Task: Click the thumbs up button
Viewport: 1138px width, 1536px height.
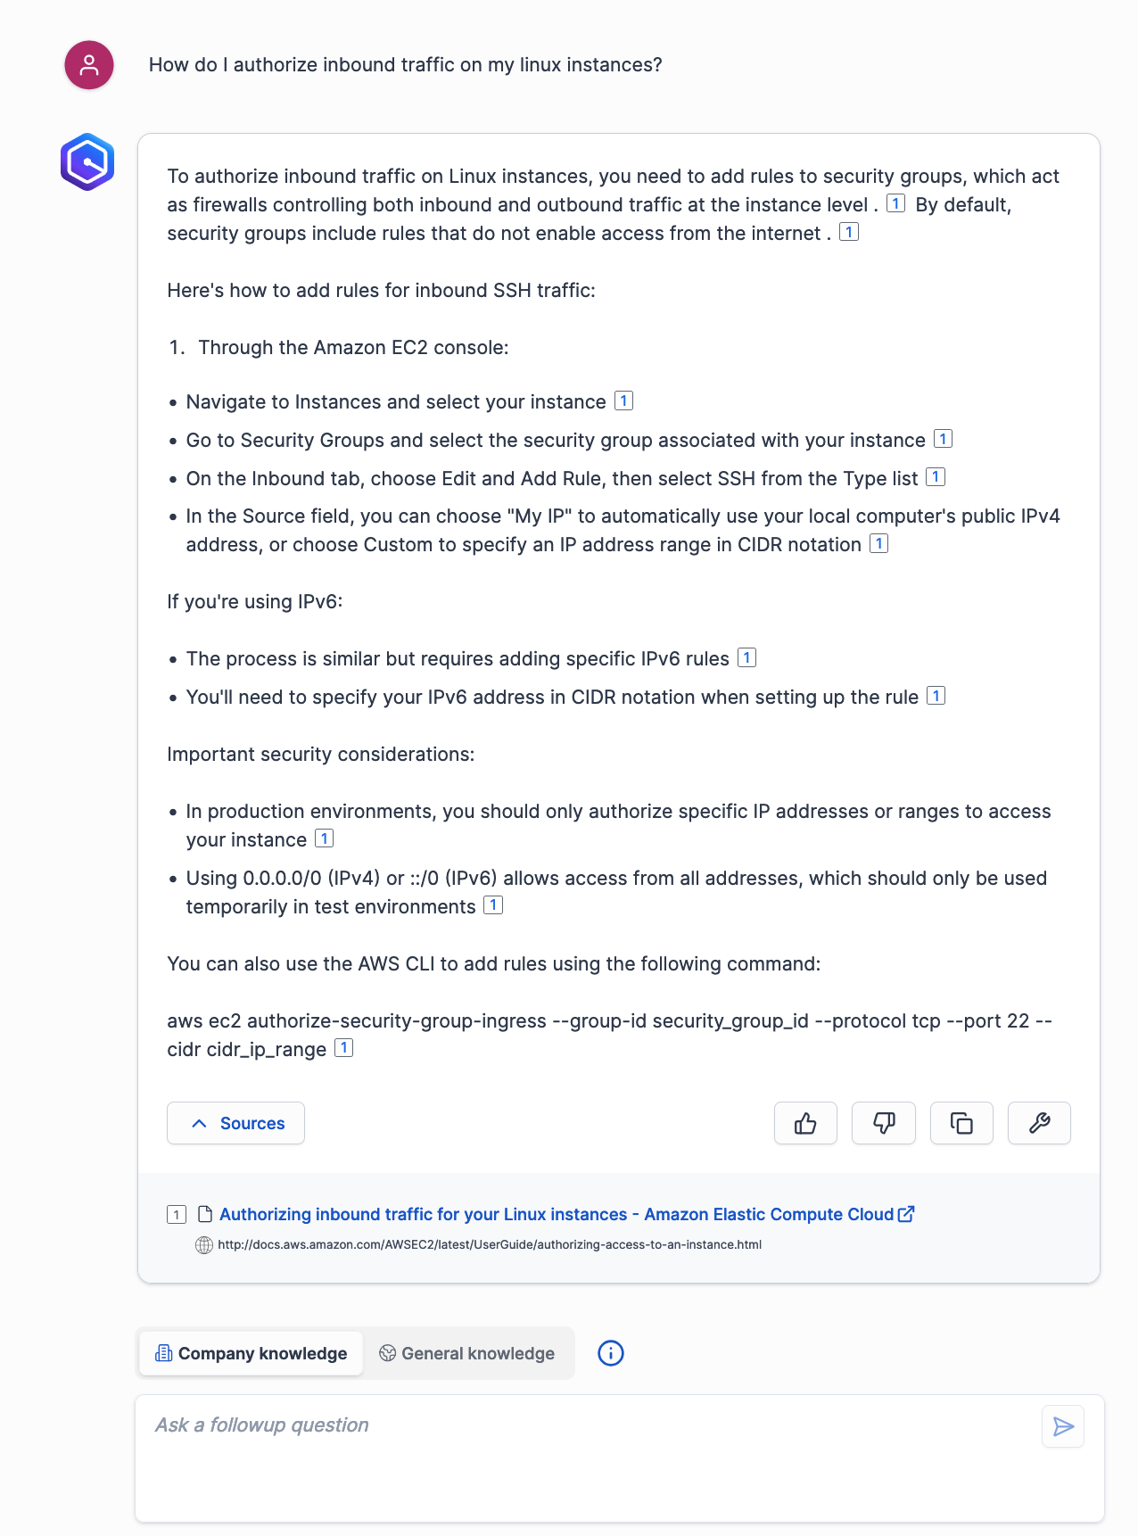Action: [805, 1123]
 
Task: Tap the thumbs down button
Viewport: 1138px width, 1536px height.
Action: [883, 1123]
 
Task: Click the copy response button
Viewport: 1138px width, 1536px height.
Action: [961, 1123]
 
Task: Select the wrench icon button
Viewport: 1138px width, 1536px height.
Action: [1039, 1123]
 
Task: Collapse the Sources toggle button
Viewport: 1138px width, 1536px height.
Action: [235, 1123]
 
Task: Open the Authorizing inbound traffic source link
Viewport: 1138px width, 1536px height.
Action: [557, 1214]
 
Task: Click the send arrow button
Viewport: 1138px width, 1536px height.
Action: [1063, 1426]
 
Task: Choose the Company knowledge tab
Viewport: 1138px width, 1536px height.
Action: [251, 1353]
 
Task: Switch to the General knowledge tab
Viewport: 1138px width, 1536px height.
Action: [466, 1353]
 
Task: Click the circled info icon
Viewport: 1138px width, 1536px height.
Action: [611, 1353]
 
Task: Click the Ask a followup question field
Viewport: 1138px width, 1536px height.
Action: [589, 1454]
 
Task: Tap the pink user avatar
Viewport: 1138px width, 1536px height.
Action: [89, 65]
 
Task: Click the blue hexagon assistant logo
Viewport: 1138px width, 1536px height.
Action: [87, 162]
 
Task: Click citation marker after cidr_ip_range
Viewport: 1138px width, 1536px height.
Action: [343, 1048]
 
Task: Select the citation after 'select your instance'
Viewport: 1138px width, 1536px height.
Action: [624, 401]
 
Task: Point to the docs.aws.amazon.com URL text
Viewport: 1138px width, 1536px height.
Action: [490, 1244]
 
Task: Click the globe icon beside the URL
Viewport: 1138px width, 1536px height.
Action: [204, 1244]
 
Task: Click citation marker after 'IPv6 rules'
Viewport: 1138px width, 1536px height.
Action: [747, 658]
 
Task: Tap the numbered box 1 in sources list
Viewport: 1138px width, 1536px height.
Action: [177, 1214]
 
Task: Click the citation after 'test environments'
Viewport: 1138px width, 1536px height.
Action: [493, 905]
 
